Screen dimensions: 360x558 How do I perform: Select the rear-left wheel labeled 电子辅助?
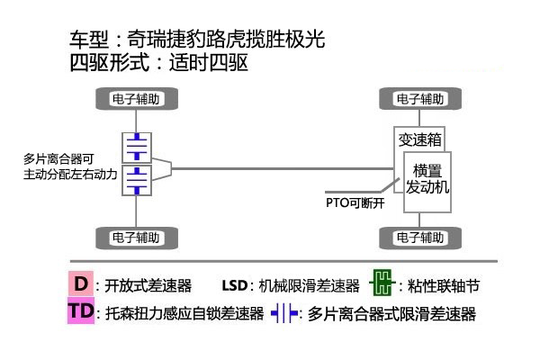pyautogui.click(x=136, y=238)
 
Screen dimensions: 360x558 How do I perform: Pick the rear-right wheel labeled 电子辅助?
pyautogui.click(x=419, y=238)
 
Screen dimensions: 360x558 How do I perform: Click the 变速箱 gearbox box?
pyautogui.click(x=419, y=140)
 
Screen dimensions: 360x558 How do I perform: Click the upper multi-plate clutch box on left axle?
pyautogui.click(x=136, y=146)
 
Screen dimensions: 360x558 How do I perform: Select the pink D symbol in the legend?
pyautogui.click(x=82, y=283)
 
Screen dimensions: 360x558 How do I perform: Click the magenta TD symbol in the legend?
pyautogui.click(x=82, y=312)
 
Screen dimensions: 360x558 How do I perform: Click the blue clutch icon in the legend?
pyautogui.click(x=284, y=314)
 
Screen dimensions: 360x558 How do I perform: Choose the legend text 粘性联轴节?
pyautogui.click(x=444, y=286)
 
